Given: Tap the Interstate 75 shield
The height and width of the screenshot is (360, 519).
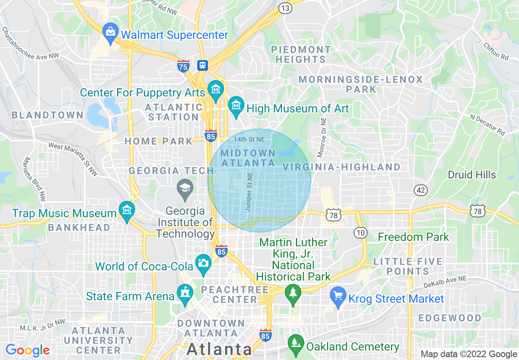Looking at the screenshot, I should click(x=183, y=66).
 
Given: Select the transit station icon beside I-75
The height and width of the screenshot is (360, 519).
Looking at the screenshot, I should click(x=202, y=65).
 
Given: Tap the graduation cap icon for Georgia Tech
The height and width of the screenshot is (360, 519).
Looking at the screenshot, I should click(x=185, y=189).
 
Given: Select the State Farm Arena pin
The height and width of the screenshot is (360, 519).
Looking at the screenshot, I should click(x=185, y=294).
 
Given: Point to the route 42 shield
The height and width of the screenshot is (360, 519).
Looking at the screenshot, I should click(x=420, y=190).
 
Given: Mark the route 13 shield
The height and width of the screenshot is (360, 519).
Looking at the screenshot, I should click(x=285, y=8).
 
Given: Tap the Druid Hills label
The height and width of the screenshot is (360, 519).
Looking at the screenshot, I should click(x=472, y=175).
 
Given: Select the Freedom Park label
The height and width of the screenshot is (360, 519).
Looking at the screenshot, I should click(x=413, y=237).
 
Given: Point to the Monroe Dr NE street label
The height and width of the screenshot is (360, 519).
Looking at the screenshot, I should click(x=321, y=137).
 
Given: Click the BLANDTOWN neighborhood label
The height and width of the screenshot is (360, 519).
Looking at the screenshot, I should click(x=47, y=115).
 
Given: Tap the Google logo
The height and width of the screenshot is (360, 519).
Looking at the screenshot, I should click(x=27, y=351).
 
